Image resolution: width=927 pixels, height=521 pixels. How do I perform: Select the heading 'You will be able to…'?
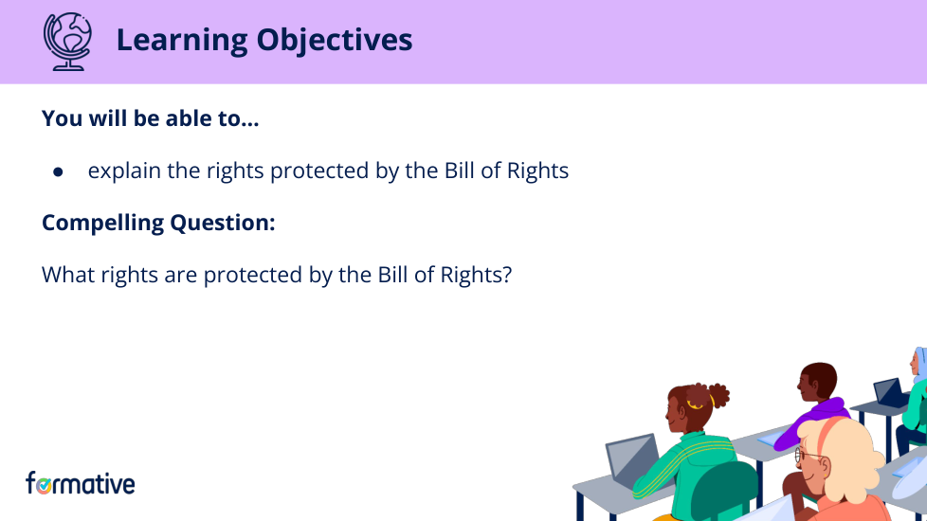pos(150,119)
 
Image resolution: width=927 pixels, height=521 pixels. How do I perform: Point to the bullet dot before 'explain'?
pos(58,172)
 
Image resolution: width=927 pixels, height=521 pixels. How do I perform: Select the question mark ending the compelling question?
pos(506,275)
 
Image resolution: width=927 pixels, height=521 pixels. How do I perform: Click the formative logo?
pos(81,483)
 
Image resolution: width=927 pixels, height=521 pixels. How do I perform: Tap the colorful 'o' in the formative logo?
pos(44,484)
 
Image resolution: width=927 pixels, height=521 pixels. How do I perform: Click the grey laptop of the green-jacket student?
pos(630,458)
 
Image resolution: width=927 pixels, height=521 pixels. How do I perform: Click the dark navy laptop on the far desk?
pos(889,391)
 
